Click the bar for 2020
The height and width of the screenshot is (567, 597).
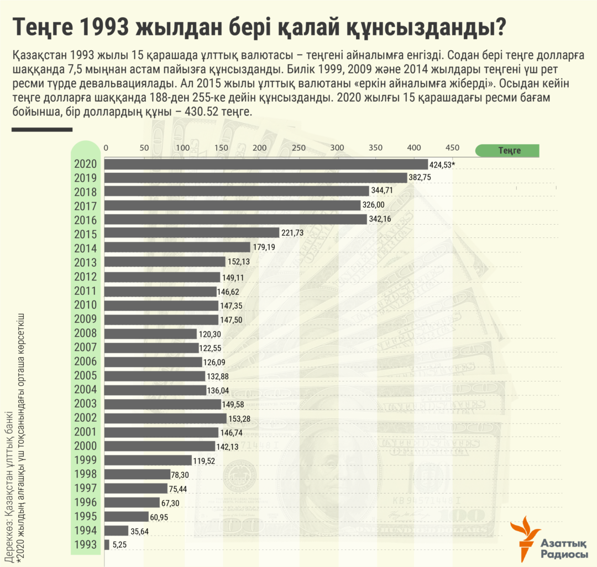tap(266, 164)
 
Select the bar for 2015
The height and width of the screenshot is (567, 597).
tap(192, 232)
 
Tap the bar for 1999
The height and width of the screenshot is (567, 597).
tap(148, 460)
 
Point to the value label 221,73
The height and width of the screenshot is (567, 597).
tap(293, 232)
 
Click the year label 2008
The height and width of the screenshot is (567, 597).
tap(85, 333)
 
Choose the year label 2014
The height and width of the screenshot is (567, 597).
tap(85, 248)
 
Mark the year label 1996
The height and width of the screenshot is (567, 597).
tap(85, 502)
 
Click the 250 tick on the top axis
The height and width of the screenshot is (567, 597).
tap(298, 148)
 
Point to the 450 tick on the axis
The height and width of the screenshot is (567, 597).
tap(452, 148)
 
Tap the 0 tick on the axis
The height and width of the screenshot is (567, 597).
tap(107, 148)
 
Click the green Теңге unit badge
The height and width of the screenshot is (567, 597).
tap(507, 150)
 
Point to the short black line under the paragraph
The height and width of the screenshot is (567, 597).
tap(42, 130)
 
